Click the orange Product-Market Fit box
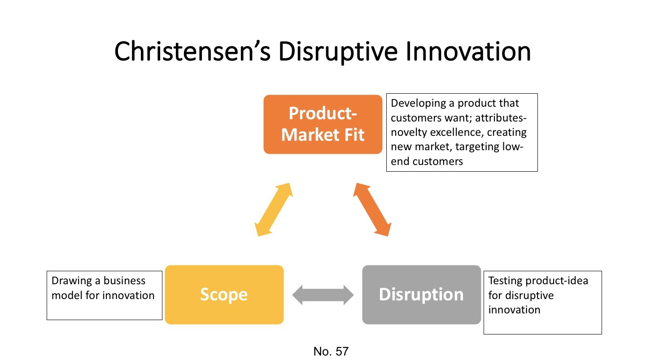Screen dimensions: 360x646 click(x=323, y=124)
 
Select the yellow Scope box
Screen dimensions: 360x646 click(x=224, y=295)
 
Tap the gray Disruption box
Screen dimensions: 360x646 click(x=421, y=295)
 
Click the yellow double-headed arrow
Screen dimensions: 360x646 click(x=274, y=209)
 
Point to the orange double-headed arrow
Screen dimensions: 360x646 click(x=371, y=209)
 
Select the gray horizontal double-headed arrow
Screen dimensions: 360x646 click(x=323, y=295)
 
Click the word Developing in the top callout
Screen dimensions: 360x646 click(x=417, y=103)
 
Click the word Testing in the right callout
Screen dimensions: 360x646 click(x=504, y=281)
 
